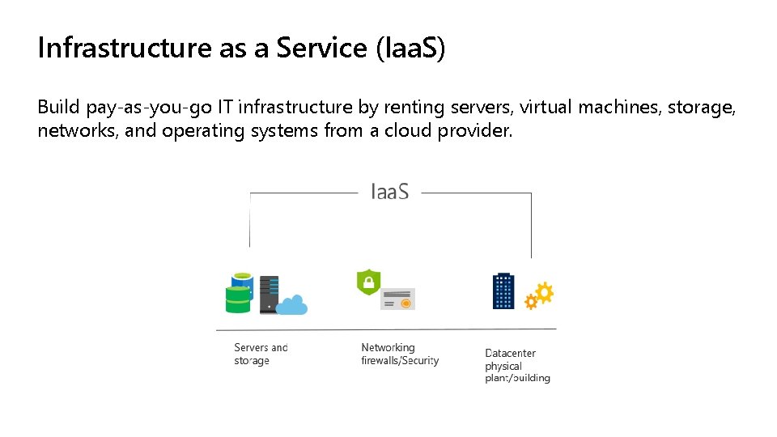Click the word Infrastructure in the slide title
point(125,49)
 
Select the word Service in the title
point(321,49)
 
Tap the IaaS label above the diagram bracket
point(389,192)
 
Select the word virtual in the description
point(546,107)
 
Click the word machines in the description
point(618,107)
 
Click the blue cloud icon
point(292,306)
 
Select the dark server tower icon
point(269,294)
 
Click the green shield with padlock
point(368,282)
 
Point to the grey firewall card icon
point(397,299)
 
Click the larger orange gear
point(544,292)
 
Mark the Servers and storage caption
point(261,354)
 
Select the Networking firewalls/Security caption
point(400,354)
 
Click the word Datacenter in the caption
point(510,353)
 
